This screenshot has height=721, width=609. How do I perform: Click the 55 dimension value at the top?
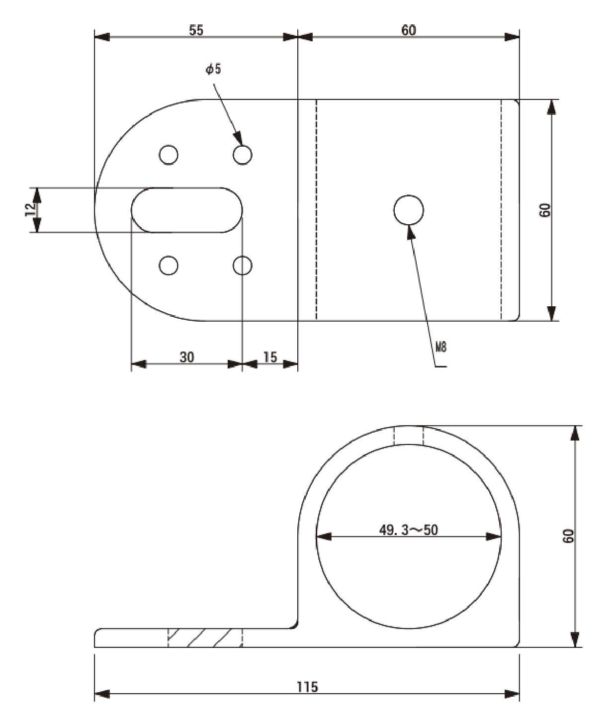pyautogui.click(x=196, y=30)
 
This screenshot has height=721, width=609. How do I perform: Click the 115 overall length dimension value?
pyautogui.click(x=307, y=687)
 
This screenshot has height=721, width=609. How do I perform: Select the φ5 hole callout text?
pyautogui.click(x=213, y=70)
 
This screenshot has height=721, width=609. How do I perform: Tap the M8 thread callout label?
pyautogui.click(x=441, y=347)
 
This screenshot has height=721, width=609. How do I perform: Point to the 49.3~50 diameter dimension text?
pyautogui.click(x=409, y=530)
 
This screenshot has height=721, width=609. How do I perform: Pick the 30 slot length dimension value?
pyautogui.click(x=187, y=357)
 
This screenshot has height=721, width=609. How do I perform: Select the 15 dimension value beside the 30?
pyautogui.click(x=270, y=357)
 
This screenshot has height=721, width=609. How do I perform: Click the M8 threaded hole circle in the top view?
pyautogui.click(x=409, y=210)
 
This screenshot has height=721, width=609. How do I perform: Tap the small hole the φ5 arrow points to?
pyautogui.click(x=243, y=155)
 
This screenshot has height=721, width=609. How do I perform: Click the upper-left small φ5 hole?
pyautogui.click(x=169, y=155)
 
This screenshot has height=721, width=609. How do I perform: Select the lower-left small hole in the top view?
pyautogui.click(x=169, y=266)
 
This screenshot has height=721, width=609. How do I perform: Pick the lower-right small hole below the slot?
pyautogui.click(x=243, y=266)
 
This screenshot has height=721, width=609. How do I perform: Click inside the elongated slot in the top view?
pyautogui.click(x=187, y=210)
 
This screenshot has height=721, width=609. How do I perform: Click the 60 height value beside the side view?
pyautogui.click(x=568, y=536)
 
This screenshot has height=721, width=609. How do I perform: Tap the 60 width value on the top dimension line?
pyautogui.click(x=409, y=30)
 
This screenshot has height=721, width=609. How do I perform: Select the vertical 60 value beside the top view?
pyautogui.click(x=545, y=210)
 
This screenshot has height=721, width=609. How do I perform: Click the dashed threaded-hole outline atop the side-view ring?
pyautogui.click(x=409, y=436)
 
